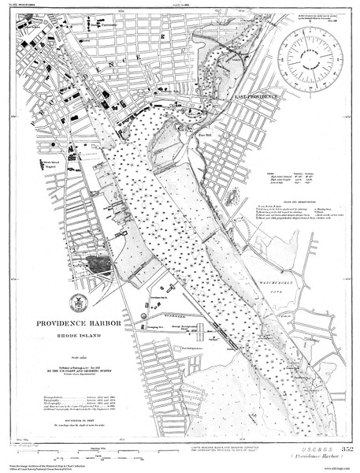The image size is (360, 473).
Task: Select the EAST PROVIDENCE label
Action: tap(257, 95)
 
